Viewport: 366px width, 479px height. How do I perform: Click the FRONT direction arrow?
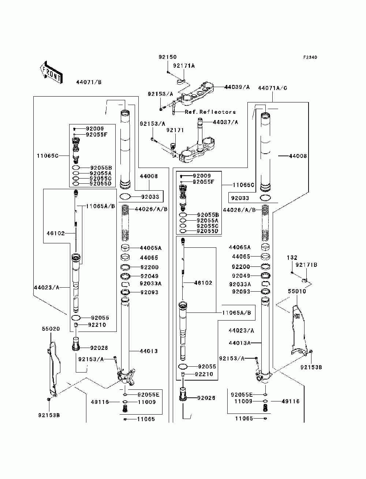(x=51, y=72)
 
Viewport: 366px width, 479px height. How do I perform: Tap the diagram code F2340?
(x=310, y=57)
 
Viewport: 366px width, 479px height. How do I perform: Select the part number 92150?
(x=168, y=57)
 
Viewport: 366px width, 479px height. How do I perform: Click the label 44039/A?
(x=237, y=87)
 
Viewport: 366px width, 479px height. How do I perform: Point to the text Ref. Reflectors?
(x=210, y=112)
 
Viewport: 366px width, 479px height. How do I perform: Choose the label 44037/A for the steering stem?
(x=225, y=122)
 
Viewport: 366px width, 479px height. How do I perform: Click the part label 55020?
(x=51, y=329)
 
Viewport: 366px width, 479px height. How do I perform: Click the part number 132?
(x=292, y=258)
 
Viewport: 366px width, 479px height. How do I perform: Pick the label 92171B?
(x=306, y=265)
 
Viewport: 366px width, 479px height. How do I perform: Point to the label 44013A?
(x=239, y=343)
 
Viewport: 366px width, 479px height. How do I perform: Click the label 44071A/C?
(x=273, y=88)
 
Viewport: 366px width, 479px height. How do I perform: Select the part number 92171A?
(x=184, y=66)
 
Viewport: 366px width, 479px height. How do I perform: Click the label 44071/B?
(x=89, y=82)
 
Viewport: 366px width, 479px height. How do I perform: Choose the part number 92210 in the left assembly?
(x=97, y=325)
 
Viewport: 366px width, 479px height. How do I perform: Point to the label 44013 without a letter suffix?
(x=149, y=351)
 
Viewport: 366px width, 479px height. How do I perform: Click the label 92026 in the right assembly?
(x=206, y=398)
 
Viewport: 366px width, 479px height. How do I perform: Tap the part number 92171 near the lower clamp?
(x=175, y=130)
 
